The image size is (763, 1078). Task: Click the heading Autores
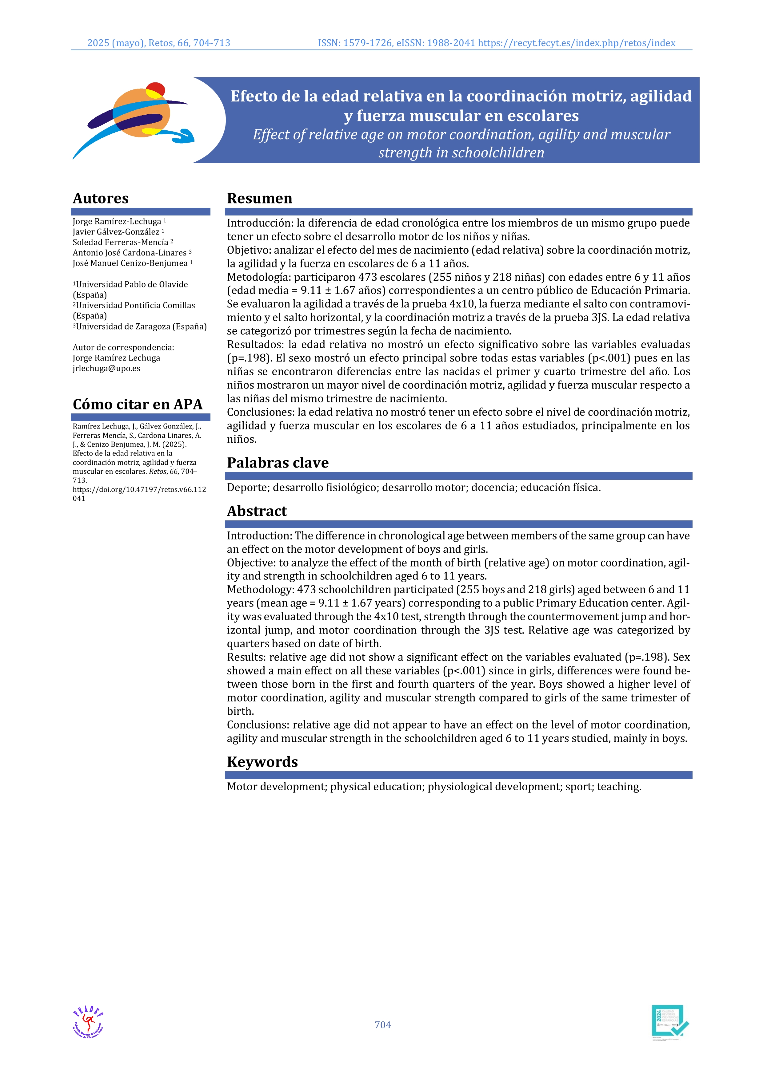pos(101,198)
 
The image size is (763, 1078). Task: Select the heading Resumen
pos(259,198)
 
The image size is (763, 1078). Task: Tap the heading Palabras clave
pos(278,463)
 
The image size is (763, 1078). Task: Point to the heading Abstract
pos(257,511)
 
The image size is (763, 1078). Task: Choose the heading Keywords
pos(262,762)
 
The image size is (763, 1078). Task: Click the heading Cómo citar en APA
pos(138,404)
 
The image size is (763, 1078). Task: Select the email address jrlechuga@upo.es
pos(106,368)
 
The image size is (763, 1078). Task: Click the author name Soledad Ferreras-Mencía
pos(120,242)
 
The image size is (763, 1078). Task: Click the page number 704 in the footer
pos(382,1025)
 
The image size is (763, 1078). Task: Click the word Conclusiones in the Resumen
pos(259,412)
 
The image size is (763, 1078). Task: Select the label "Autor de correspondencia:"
pos(123,347)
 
